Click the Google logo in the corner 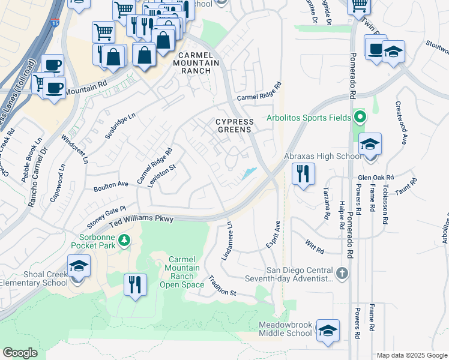(x=20, y=353)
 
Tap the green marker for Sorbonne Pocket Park (x=124, y=240)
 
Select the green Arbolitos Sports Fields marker (x=360, y=117)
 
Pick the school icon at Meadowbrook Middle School (x=328, y=330)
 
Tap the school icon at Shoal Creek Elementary (x=79, y=265)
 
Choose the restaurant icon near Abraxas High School (x=303, y=174)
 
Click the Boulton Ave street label (x=111, y=187)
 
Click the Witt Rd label (x=314, y=245)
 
